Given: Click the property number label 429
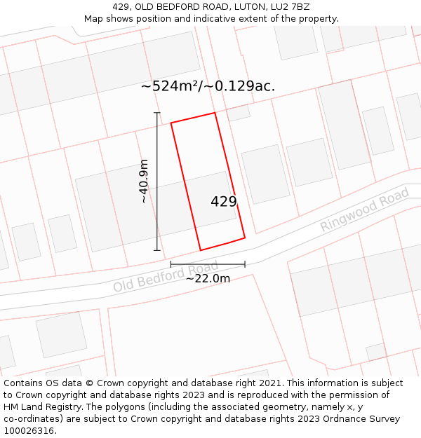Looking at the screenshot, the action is coord(224,202).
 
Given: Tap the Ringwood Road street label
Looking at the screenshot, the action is coord(364,210).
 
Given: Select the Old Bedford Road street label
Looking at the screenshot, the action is coord(166,278).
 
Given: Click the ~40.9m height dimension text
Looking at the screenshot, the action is coord(144,182).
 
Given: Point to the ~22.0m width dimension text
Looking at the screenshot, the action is coord(208,278).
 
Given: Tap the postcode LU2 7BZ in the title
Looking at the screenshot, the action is coord(290,7).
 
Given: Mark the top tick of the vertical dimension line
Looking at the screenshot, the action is coord(157,113).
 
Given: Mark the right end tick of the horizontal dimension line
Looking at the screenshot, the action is coord(245,264).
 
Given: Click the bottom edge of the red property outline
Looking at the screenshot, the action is coord(222,244).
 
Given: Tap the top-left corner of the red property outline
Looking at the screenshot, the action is coord(171,123).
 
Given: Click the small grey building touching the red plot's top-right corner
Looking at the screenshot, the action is coord(239,113).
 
